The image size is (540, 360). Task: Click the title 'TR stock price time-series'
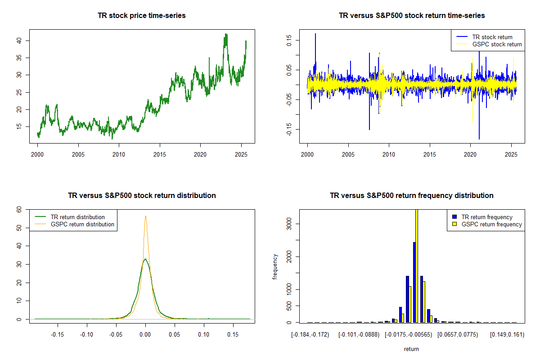pos(142,15)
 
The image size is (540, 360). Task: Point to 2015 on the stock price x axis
pos(160,153)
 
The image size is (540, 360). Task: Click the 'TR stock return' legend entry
pos(492,37)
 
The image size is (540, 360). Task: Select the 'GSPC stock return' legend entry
pos(497,44)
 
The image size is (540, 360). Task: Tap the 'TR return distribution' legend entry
pos(77,217)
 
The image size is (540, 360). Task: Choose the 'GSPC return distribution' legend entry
pos(82,224)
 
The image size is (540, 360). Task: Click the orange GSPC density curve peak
pos(145,216)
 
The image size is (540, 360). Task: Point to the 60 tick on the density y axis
pos(19,209)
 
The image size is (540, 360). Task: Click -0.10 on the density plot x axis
pos(86,334)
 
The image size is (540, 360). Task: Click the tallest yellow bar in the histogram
pos(417,265)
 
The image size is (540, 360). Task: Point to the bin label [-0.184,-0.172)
pos(310,334)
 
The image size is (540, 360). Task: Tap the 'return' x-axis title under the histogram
pos(411,349)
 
